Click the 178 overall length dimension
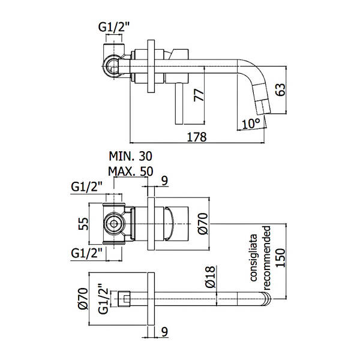pyautogui.click(x=197, y=137)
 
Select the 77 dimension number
pyautogui.click(x=199, y=95)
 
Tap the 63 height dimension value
pyautogui.click(x=281, y=89)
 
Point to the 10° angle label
pyautogui.click(x=251, y=124)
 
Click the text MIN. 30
pyautogui.click(x=130, y=157)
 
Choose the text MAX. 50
pyautogui.click(x=131, y=172)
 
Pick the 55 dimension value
pyautogui.click(x=83, y=224)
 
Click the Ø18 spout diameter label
pyautogui.click(x=211, y=277)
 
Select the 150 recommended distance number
pyautogui.click(x=280, y=258)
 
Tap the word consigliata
pyautogui.click(x=253, y=257)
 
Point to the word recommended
pyautogui.click(x=266, y=258)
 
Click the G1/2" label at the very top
pyautogui.click(x=114, y=28)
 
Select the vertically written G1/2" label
pyautogui.click(x=103, y=299)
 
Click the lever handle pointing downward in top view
pyautogui.click(x=179, y=104)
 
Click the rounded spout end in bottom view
pyautogui.click(x=266, y=299)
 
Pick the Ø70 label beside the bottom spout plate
pyautogui.click(x=83, y=299)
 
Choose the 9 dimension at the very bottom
pyautogui.click(x=164, y=332)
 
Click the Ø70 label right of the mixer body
pyautogui.click(x=203, y=224)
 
